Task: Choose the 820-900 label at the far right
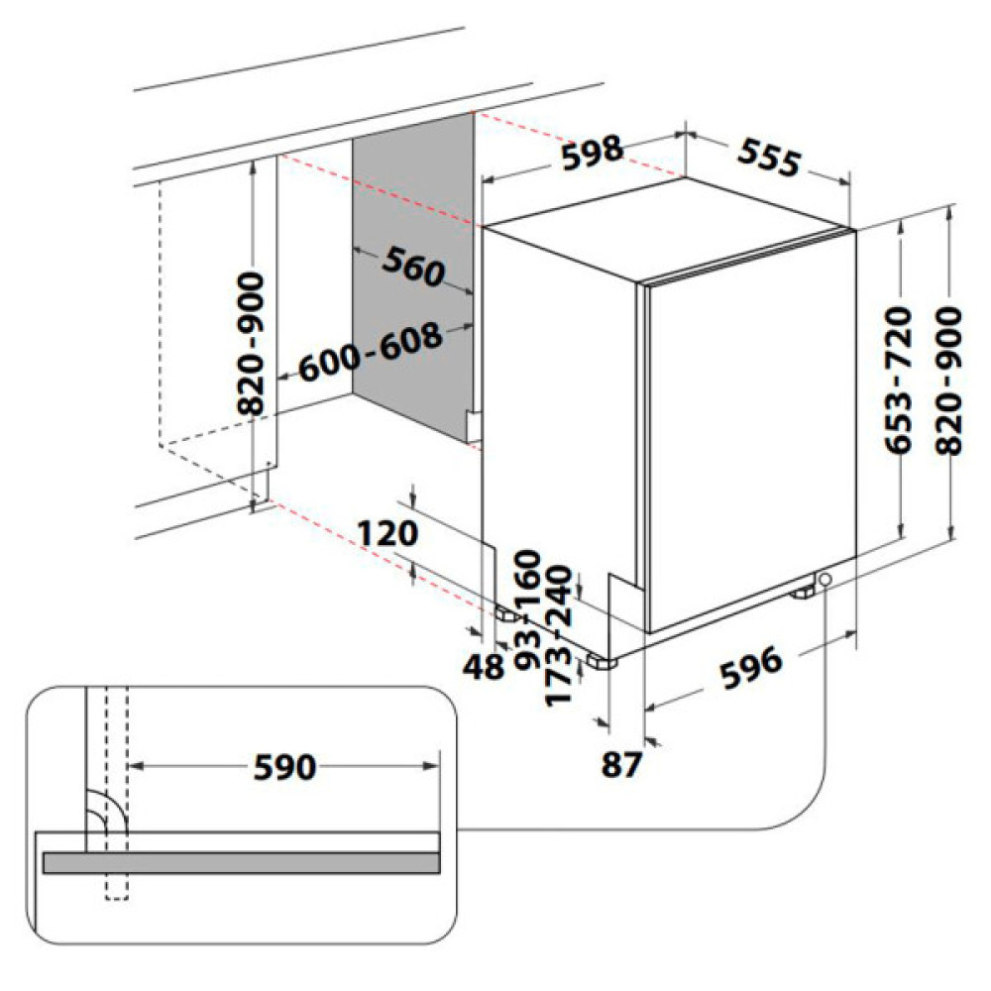pyautogui.click(x=948, y=381)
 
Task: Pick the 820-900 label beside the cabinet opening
pyautogui.click(x=254, y=342)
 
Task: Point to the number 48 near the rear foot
pyautogui.click(x=485, y=667)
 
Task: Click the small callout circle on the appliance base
pyautogui.click(x=825, y=580)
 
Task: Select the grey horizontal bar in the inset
pyautogui.click(x=241, y=863)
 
